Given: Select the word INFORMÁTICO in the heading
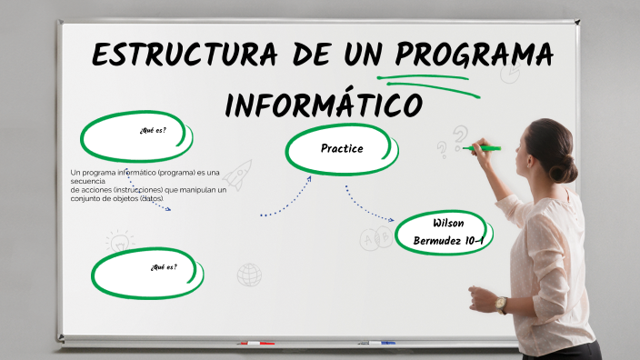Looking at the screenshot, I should pyautogui.click(x=323, y=105).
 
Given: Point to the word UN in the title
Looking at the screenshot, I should pyautogui.click(x=355, y=55).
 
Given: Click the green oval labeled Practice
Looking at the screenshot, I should pyautogui.click(x=342, y=148).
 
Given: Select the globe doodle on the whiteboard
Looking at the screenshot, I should pyautogui.click(x=249, y=274).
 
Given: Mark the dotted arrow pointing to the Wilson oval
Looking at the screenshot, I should pyautogui.click(x=367, y=206).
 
